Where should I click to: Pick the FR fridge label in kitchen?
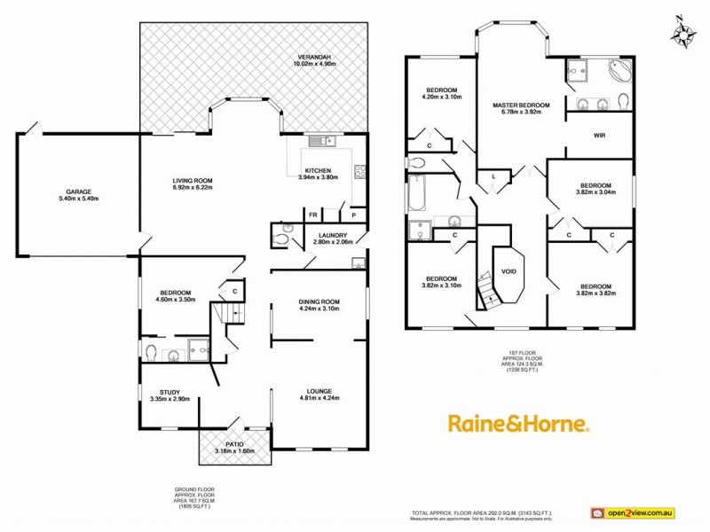point(313,215)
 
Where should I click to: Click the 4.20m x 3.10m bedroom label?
point(441,94)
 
